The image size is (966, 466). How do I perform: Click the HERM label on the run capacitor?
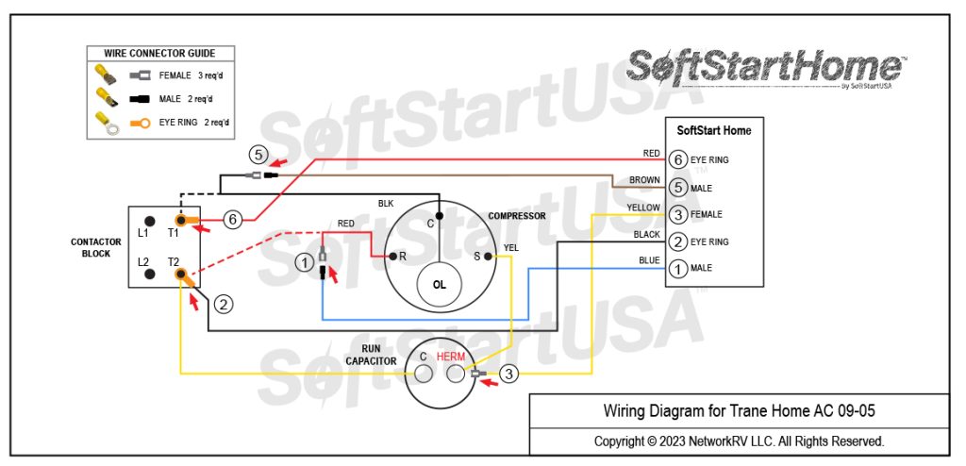coord(452,357)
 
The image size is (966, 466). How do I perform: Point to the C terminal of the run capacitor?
coord(424,375)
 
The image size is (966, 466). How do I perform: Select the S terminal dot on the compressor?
coord(488,256)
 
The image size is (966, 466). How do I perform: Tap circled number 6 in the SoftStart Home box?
coord(676,160)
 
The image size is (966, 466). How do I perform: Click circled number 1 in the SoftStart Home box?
coord(676,269)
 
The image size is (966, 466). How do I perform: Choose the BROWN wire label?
coord(644,180)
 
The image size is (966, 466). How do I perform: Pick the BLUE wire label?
coord(648,260)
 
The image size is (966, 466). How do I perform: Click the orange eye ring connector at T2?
coord(185,276)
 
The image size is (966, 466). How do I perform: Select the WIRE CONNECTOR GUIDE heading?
coord(159,54)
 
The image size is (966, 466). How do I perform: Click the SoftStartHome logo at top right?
coord(764,68)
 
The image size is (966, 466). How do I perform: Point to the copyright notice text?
coord(738,441)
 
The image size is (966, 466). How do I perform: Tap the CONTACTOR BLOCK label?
coord(95,247)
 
